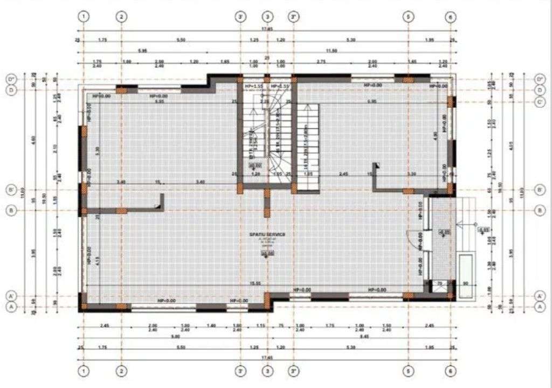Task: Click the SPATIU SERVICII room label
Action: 267,234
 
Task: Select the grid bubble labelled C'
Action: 540,102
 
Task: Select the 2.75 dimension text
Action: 321,62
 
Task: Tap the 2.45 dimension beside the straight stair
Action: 343,174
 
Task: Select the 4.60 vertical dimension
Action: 33,139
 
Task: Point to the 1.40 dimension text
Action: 211,326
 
